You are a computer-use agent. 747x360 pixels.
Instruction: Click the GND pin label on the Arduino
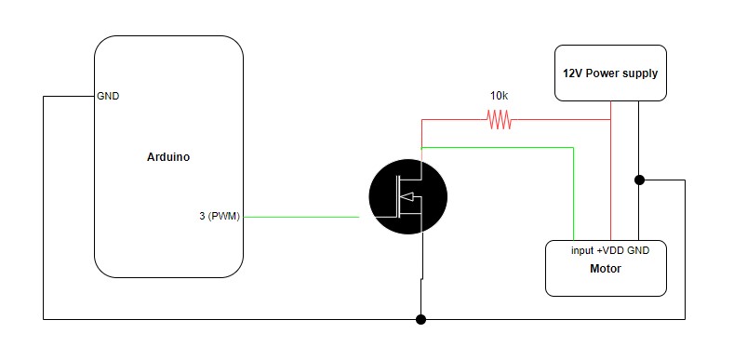(x=108, y=96)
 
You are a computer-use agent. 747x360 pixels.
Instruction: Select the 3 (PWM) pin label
(x=220, y=217)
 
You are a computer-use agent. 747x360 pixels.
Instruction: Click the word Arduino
(x=168, y=157)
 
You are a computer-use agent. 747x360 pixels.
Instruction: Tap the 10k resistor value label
(x=500, y=96)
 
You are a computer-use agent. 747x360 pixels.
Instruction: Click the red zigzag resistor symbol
(x=500, y=119)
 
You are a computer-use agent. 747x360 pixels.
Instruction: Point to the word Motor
(x=605, y=269)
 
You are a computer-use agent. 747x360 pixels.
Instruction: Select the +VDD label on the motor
(x=609, y=251)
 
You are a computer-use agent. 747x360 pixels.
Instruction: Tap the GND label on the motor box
(x=640, y=251)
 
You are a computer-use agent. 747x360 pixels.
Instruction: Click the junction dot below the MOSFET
(x=421, y=319)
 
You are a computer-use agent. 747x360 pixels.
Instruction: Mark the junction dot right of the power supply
(x=639, y=180)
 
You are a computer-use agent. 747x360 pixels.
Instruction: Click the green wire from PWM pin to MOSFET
(x=302, y=217)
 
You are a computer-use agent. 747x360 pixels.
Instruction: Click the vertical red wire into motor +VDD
(x=610, y=186)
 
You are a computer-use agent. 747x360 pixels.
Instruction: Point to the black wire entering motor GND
(x=639, y=214)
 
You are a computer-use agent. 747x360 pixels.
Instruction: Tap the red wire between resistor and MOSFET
(x=451, y=119)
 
